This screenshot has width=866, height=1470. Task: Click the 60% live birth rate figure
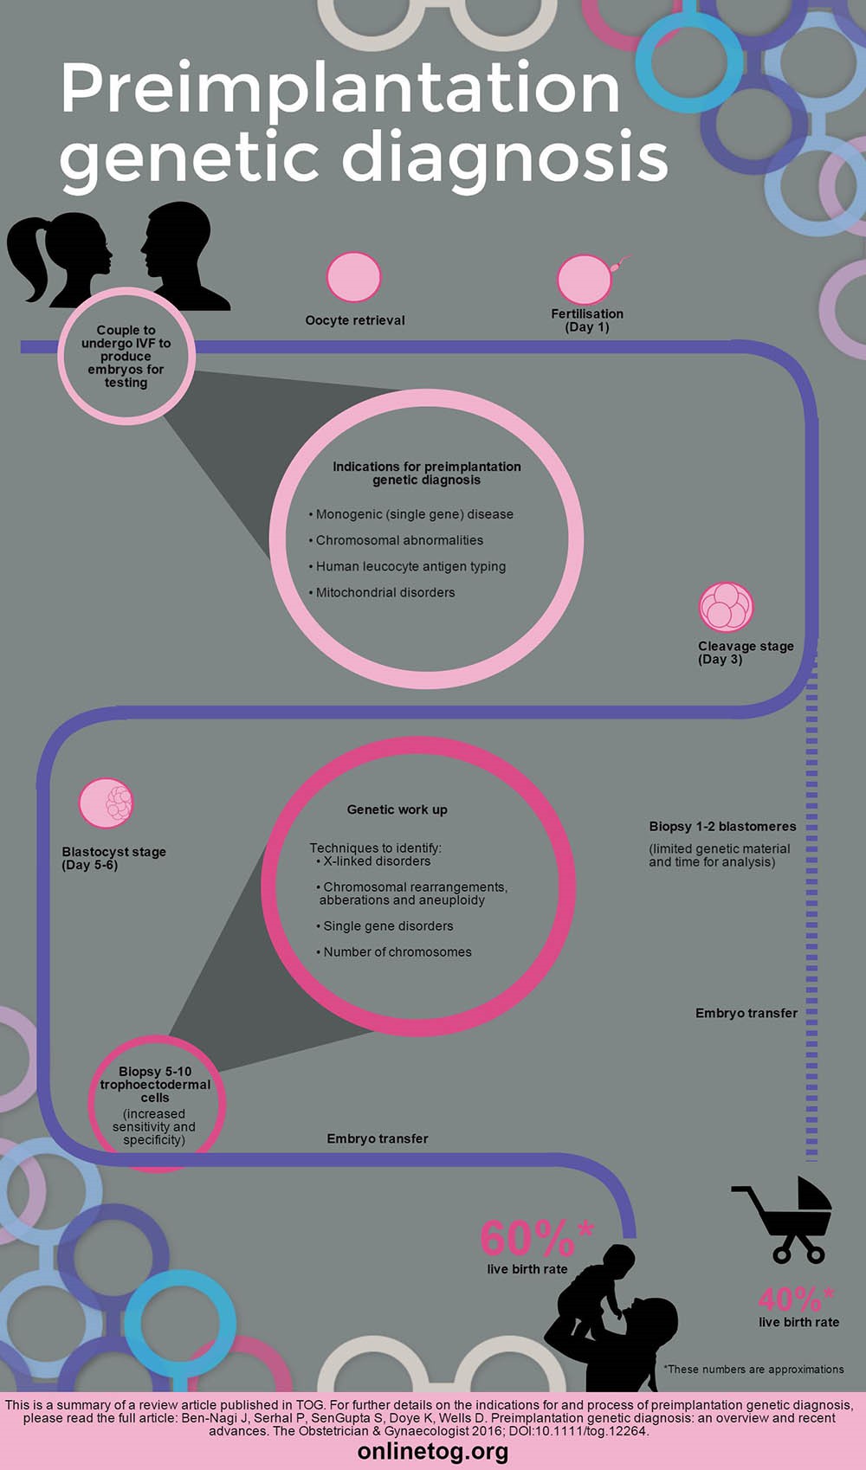[x=537, y=1238]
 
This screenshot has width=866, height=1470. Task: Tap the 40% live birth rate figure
[x=796, y=1299]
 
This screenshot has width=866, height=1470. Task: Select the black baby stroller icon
[x=782, y=1219]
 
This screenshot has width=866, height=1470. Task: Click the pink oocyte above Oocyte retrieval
[x=354, y=277]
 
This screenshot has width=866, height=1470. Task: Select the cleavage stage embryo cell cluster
[x=726, y=606]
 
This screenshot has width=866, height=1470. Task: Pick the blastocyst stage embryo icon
[x=106, y=803]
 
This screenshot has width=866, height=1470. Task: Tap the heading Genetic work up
[x=397, y=809]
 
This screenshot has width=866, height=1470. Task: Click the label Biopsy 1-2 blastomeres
[x=722, y=827]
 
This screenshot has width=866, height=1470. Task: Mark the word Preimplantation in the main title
[x=340, y=88]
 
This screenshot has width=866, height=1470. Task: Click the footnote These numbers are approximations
[x=753, y=1369]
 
